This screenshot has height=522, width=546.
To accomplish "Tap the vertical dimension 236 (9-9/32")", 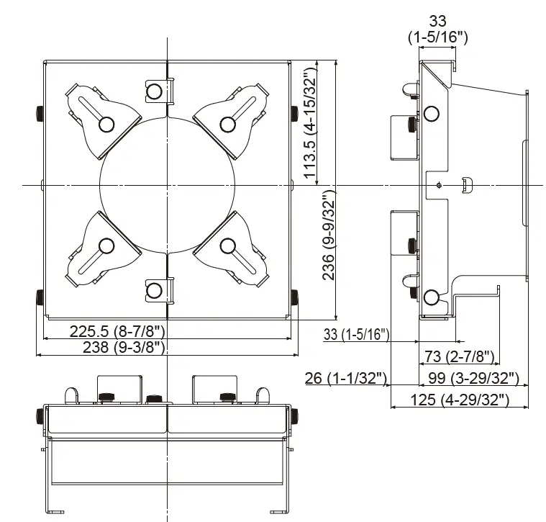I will pyautogui.click(x=329, y=237).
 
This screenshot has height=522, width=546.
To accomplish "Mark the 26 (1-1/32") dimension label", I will pyautogui.click(x=346, y=377).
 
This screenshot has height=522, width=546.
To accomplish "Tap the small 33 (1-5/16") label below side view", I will pyautogui.click(x=357, y=334).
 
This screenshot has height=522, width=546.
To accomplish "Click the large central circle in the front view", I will pyautogui.click(x=167, y=186).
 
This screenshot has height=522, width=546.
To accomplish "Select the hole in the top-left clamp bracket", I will pyautogui.click(x=106, y=125).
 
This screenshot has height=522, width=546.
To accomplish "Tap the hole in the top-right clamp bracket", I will pyautogui.click(x=228, y=125).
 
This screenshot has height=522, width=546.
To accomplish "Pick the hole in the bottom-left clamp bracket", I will pyautogui.click(x=106, y=247).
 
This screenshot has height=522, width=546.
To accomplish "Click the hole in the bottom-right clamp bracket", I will pyautogui.click(x=228, y=247).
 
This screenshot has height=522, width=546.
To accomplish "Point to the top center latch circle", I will pyautogui.click(x=154, y=91).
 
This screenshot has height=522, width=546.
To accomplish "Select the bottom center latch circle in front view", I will pyautogui.click(x=154, y=290).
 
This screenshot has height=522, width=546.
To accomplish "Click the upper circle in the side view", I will pyautogui.click(x=432, y=114).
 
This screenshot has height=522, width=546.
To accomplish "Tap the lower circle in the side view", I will pyautogui.click(x=431, y=297).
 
